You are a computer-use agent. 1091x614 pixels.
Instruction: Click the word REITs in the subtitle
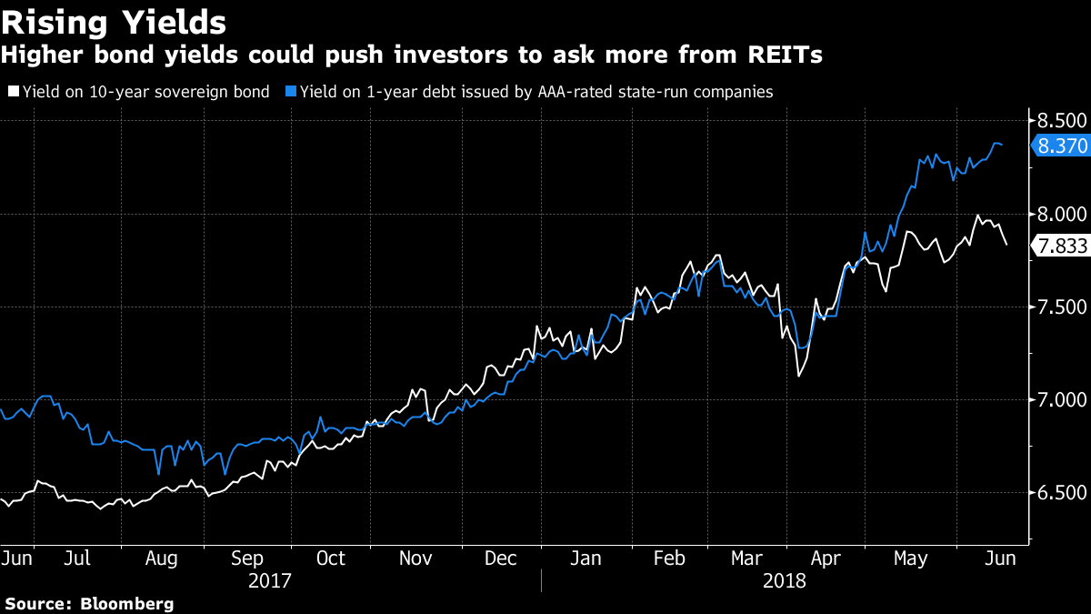click(x=786, y=55)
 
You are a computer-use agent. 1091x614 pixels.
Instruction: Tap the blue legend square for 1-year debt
click(x=290, y=91)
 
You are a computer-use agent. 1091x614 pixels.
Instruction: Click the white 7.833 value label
click(x=1060, y=246)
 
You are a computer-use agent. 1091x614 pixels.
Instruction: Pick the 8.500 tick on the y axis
click(x=1061, y=120)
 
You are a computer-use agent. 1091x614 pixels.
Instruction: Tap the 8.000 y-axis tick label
click(x=1061, y=214)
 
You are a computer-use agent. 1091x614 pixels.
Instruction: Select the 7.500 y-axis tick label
click(x=1061, y=307)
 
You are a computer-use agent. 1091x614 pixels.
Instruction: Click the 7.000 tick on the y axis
click(x=1061, y=401)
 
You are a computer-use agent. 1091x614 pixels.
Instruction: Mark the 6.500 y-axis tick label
click(x=1061, y=495)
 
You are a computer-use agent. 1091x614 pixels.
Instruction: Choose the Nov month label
click(x=416, y=558)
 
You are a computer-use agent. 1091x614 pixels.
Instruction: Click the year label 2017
click(x=270, y=580)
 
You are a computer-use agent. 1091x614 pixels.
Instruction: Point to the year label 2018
click(x=785, y=580)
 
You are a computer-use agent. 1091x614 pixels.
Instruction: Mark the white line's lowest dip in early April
click(x=799, y=376)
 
